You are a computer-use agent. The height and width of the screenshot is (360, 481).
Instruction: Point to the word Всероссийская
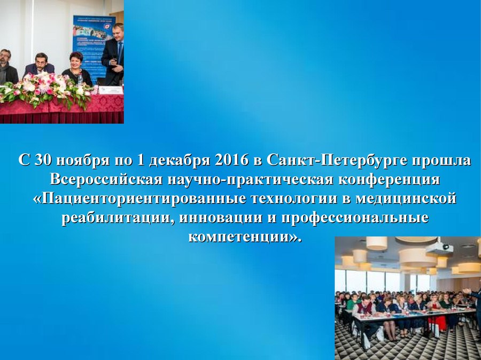(106, 179)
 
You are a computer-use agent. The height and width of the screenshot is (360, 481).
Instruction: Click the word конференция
(389, 179)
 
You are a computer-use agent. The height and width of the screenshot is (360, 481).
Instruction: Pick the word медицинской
(406, 199)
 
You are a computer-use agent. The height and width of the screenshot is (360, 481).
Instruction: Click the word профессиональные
(355, 218)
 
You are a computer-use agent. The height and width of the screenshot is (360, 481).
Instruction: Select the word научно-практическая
(250, 179)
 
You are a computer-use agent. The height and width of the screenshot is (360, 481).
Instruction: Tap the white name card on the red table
(111, 90)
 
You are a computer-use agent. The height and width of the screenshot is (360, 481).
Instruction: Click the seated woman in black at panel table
(77, 69)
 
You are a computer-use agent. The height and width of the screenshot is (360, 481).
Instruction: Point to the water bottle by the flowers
(80, 80)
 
